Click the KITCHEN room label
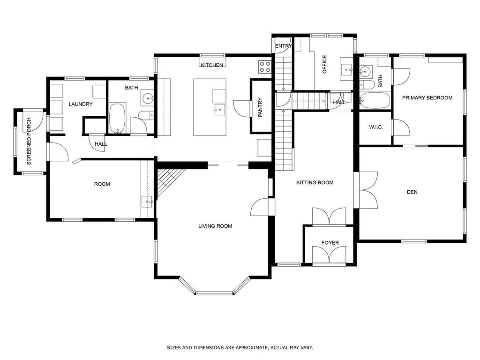(x=212, y=65)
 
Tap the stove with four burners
(x=264, y=67)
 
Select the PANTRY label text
(x=260, y=107)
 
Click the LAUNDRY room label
(x=81, y=104)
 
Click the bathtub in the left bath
(x=117, y=118)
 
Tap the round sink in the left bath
(x=147, y=98)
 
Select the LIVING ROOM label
(x=215, y=226)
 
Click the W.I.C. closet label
(x=376, y=127)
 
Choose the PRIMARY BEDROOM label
(x=427, y=98)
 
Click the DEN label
(x=412, y=192)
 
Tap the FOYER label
(x=330, y=242)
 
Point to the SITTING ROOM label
(x=315, y=182)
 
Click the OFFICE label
(x=324, y=65)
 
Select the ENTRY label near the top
(x=283, y=46)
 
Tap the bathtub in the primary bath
(x=375, y=100)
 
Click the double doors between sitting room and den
(x=368, y=190)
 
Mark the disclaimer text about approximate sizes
(x=240, y=348)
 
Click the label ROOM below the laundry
(x=102, y=184)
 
